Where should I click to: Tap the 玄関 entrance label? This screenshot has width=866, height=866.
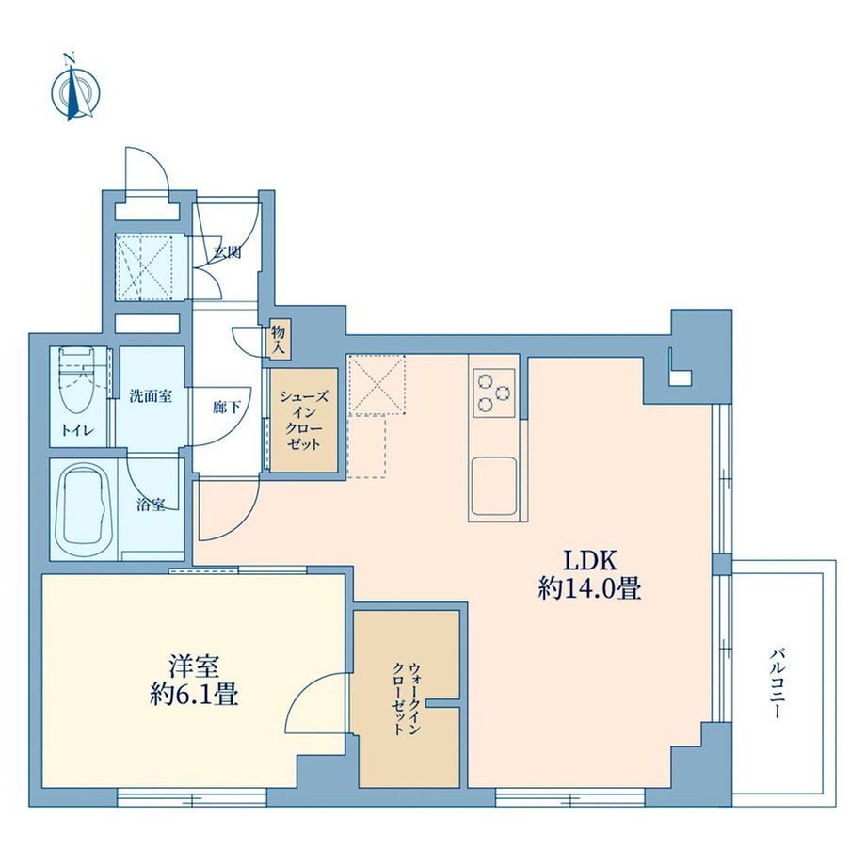click(x=228, y=253)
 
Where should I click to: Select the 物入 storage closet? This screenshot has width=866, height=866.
click(x=279, y=340)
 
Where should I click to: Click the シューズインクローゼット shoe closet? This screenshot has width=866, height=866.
click(x=303, y=421)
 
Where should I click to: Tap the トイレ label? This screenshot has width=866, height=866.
click(x=77, y=431)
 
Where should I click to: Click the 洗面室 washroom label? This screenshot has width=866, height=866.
click(x=151, y=396)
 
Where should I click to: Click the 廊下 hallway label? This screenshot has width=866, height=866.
click(x=227, y=407)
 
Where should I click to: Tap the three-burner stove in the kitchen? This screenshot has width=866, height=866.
click(x=494, y=393)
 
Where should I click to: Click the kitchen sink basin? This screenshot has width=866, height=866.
click(x=494, y=486)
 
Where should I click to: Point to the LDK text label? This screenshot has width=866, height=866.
click(x=589, y=561)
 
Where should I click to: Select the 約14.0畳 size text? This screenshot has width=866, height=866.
click(x=589, y=589)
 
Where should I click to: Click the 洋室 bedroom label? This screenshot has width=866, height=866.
click(x=194, y=666)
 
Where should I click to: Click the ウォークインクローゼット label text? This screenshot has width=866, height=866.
click(x=407, y=699)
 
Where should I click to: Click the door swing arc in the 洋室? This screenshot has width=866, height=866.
click(x=301, y=689)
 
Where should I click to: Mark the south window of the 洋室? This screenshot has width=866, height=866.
click(x=192, y=797)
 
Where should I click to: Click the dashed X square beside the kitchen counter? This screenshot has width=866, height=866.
click(x=377, y=385)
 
